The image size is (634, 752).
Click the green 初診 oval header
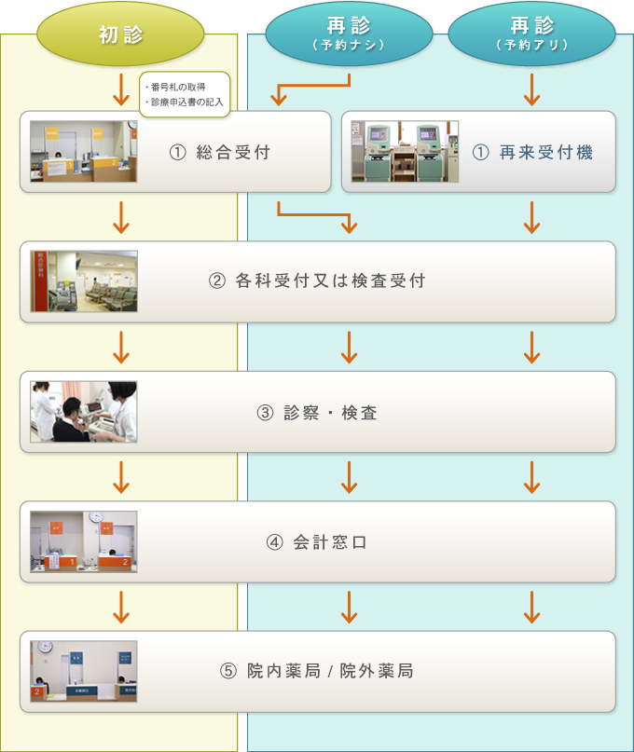(120, 34)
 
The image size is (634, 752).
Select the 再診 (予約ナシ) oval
(349, 34)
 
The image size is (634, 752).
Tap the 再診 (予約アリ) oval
(531, 34)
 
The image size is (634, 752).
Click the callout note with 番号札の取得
(185, 94)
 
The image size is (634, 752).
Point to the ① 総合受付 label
(220, 153)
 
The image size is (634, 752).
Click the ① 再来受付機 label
(532, 153)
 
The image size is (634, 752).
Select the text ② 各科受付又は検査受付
(317, 280)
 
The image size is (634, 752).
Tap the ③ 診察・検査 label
(317, 413)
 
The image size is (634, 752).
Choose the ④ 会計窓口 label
(317, 542)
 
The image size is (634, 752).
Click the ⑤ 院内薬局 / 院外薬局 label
(317, 671)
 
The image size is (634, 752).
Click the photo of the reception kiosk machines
(405, 152)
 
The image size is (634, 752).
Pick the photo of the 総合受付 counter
(84, 152)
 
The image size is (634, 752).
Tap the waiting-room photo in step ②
(84, 281)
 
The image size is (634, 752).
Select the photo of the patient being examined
(84, 412)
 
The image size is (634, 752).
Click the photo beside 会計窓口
(84, 541)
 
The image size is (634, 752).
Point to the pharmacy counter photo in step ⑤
(84, 672)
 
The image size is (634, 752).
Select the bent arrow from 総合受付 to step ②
(314, 214)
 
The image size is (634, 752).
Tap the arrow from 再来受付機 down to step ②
(531, 217)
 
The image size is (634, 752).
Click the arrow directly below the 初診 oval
(121, 89)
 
